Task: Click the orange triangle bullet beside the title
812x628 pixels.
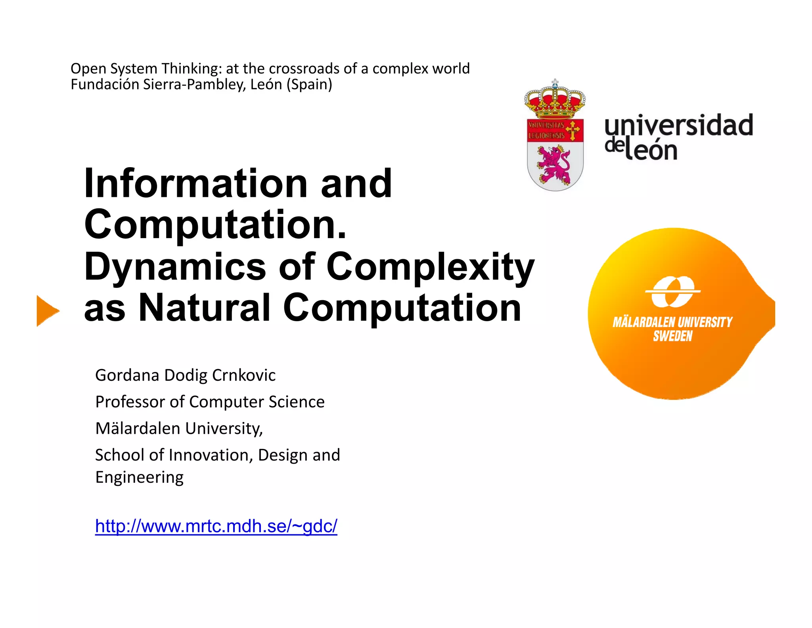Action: point(47,311)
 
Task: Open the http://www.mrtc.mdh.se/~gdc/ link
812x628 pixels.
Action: point(216,526)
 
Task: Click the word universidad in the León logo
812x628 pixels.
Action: point(678,125)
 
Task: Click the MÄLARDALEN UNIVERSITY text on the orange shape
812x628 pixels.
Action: point(672,322)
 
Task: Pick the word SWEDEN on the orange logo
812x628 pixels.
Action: point(672,336)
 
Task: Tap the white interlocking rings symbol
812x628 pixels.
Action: point(673,292)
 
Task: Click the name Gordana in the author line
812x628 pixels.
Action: point(127,375)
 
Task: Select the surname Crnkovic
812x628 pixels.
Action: point(244,375)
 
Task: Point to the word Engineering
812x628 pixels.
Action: point(140,477)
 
